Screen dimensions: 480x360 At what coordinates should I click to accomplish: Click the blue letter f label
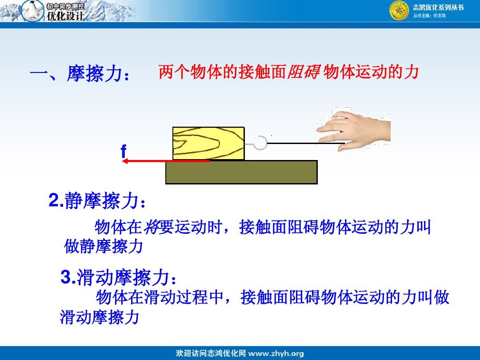(x=124, y=151)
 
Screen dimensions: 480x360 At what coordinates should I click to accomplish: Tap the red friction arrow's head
(x=125, y=161)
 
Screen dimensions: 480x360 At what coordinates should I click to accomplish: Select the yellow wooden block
(x=208, y=143)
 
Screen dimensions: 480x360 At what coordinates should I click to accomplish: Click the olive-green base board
(x=241, y=172)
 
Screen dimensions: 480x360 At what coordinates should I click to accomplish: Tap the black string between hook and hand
(x=306, y=143)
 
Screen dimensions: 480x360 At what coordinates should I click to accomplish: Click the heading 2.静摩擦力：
(x=97, y=201)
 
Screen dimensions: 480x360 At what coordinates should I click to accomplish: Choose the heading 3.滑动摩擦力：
(x=119, y=277)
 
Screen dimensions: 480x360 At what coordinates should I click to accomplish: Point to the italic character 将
(x=151, y=227)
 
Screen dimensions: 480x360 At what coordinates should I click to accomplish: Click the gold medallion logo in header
(x=399, y=11)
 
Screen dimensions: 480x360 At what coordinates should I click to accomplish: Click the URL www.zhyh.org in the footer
(x=276, y=353)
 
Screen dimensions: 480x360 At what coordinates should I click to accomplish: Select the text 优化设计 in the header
(x=65, y=16)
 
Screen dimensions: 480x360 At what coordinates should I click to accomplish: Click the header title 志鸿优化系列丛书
(x=438, y=8)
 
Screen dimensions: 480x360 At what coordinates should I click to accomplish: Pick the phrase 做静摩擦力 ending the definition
(x=104, y=246)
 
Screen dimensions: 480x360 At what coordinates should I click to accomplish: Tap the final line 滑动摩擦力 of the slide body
(x=100, y=317)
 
